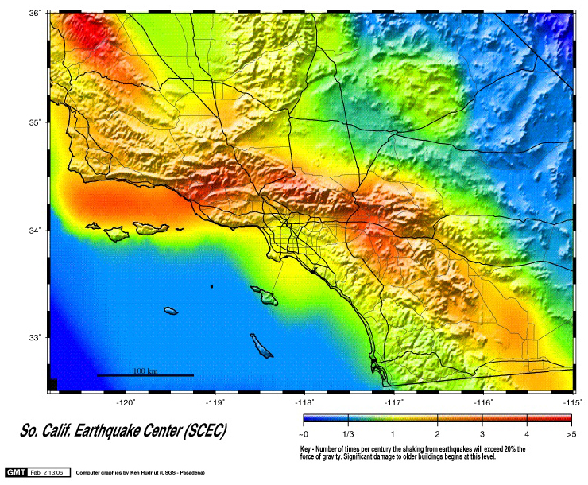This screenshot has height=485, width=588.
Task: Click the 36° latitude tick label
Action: click(35, 14)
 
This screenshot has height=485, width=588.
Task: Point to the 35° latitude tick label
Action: click(35, 122)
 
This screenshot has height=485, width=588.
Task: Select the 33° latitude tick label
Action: click(35, 338)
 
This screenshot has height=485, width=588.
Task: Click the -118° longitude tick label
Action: click(306, 402)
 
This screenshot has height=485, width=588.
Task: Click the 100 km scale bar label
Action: click(145, 371)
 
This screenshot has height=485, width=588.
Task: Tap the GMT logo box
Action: click(17, 472)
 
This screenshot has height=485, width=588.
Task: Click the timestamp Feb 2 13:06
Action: click(49, 472)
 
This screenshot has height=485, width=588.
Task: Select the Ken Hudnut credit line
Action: click(140, 473)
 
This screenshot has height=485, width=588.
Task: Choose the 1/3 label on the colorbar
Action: click(348, 435)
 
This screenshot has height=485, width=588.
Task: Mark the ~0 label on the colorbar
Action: click(304, 435)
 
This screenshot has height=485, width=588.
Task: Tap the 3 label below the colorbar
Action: click(482, 435)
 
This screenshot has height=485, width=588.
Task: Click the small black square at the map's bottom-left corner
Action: click(52, 385)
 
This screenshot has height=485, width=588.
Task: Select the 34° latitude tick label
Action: click(35, 231)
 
